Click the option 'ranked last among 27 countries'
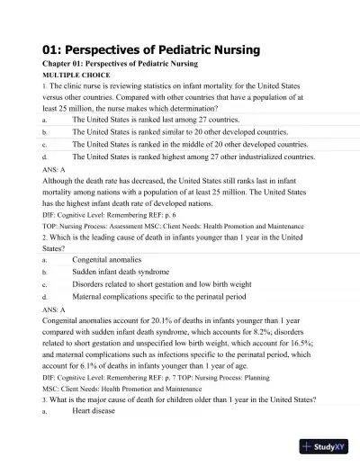pos(156,118)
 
